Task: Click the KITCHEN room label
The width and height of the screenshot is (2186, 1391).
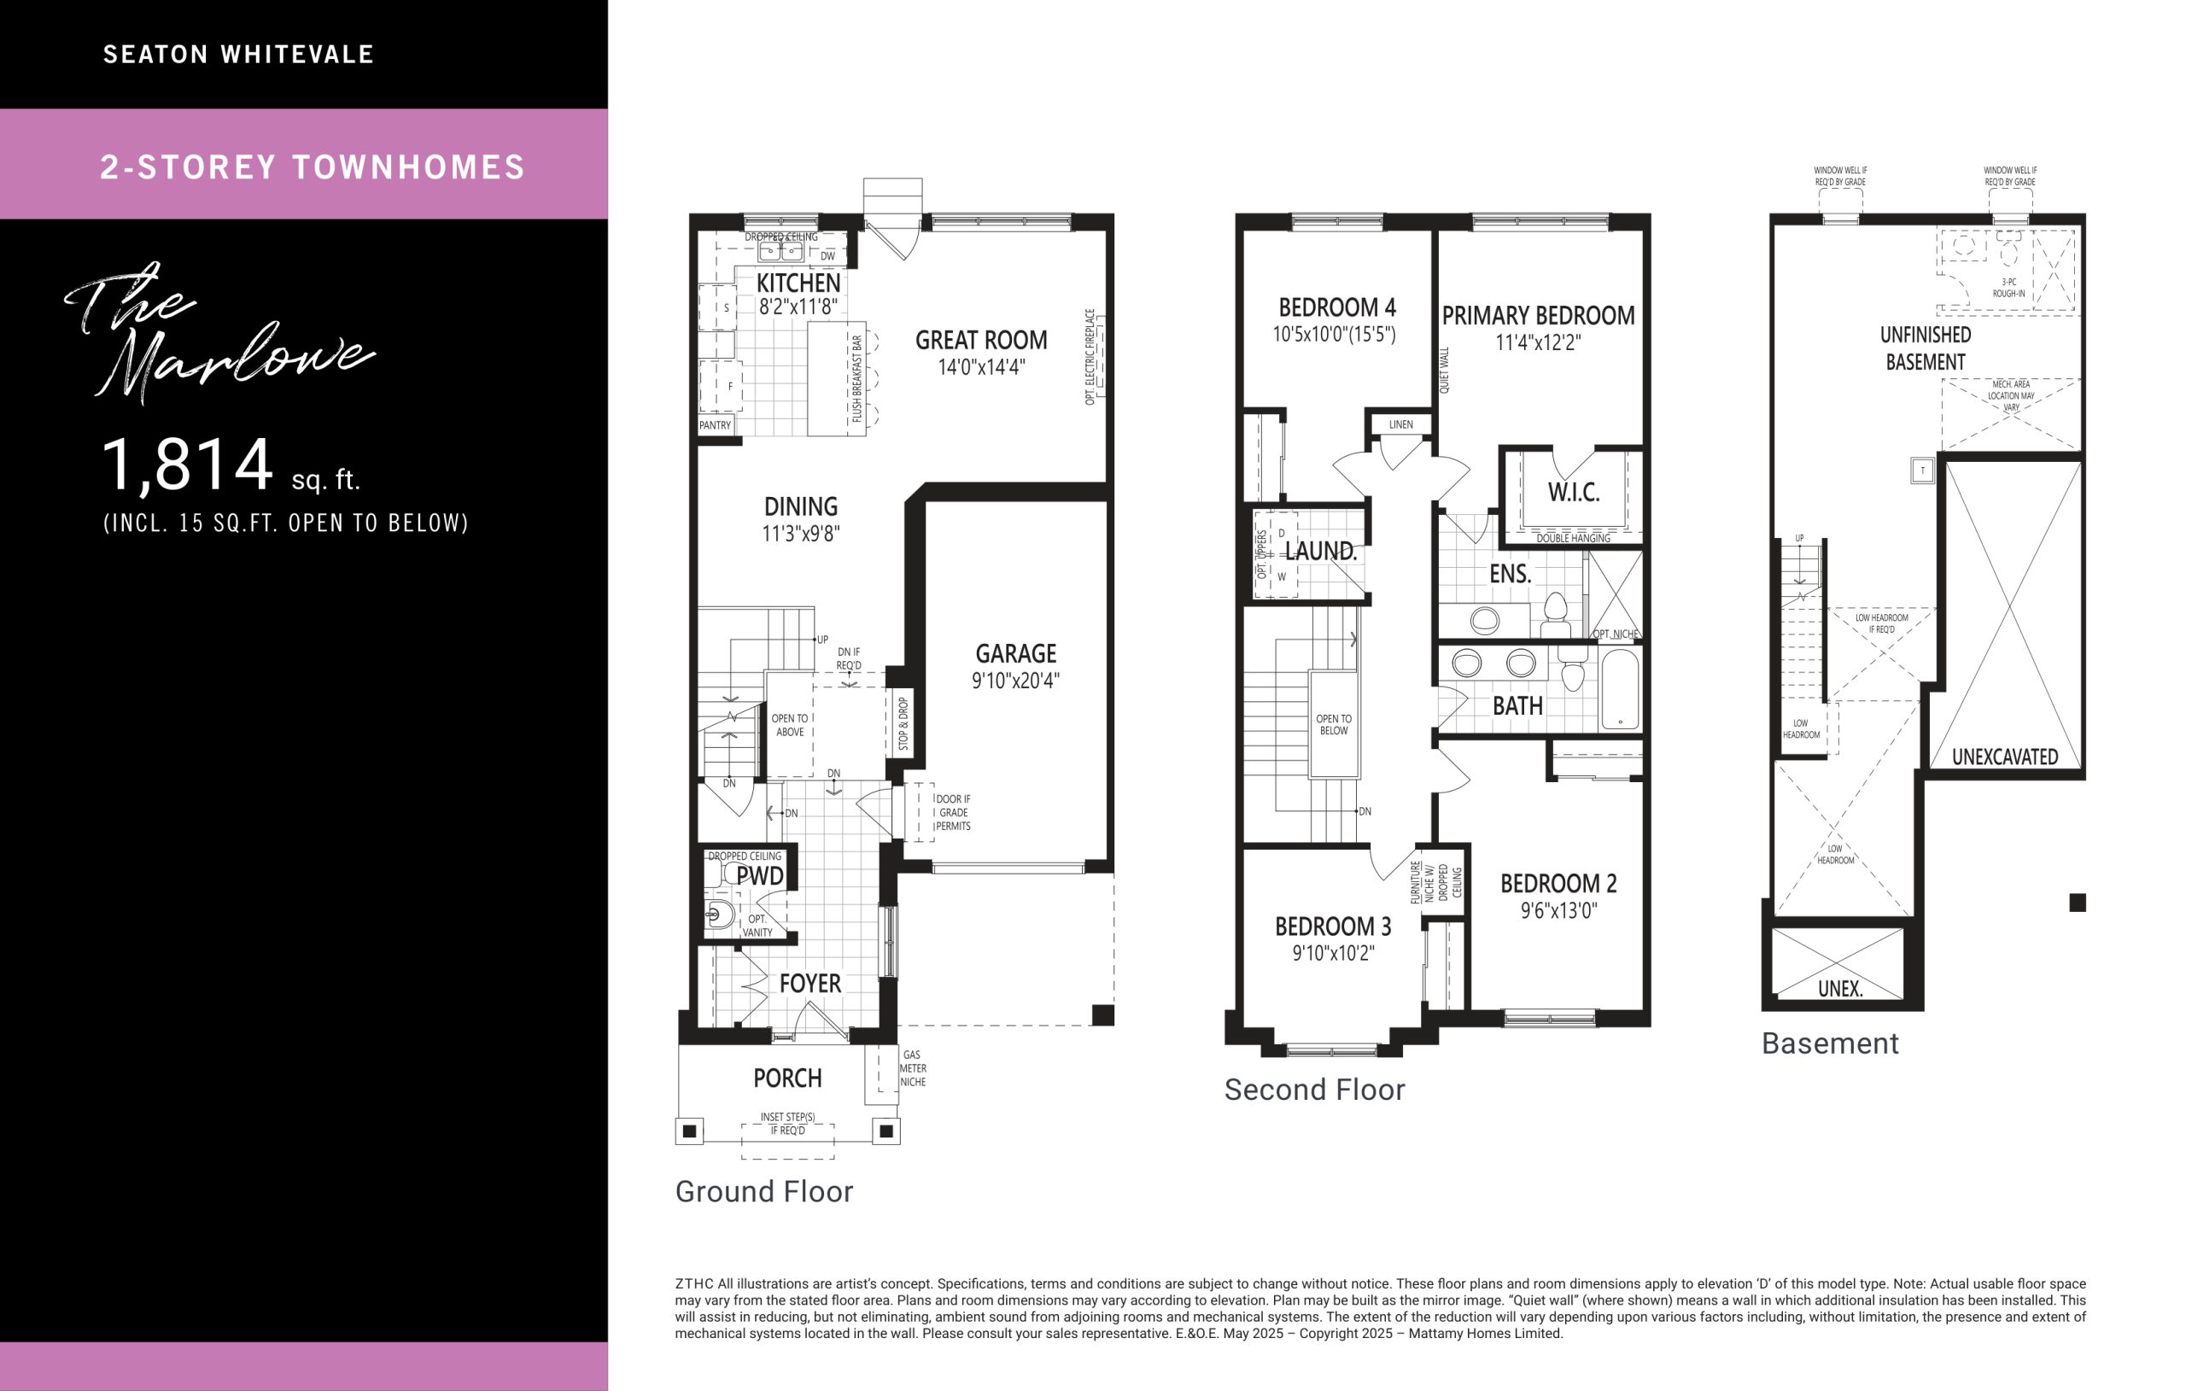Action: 799,283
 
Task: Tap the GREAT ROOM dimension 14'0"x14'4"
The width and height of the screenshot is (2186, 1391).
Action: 981,367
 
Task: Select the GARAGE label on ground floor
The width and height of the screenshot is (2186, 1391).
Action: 1016,654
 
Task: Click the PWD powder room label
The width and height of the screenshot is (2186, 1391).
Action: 760,876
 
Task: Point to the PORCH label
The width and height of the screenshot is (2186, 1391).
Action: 787,1078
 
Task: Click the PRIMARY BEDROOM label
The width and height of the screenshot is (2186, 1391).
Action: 1539,316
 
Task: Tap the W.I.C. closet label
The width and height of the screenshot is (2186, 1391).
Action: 1573,492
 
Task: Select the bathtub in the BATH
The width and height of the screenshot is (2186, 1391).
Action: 1621,687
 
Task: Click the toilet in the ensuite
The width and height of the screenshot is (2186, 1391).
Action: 1555,615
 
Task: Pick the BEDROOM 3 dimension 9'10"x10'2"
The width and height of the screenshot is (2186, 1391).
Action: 1333,952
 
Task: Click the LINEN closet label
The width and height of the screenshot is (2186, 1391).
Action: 1400,424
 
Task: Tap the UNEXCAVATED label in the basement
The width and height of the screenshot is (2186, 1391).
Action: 2004,757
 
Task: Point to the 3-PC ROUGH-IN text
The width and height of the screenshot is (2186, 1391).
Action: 2008,288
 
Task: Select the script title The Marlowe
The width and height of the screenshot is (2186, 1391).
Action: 218,333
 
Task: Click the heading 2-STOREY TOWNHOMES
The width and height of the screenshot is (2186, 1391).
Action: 313,167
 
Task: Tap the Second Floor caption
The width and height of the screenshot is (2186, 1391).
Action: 1314,1090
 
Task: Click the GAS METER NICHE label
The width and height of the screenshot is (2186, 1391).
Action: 912,1069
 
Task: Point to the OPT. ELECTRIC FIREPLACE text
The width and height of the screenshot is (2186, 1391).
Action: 1090,357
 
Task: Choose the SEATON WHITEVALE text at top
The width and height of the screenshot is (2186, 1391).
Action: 239,55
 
